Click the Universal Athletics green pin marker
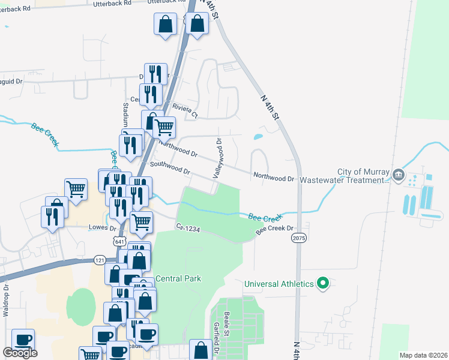point(323,283)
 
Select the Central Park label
point(178,278)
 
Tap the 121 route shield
point(100,260)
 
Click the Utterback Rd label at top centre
point(112,3)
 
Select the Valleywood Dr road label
point(217,158)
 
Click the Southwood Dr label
point(170,167)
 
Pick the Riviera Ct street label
point(185,110)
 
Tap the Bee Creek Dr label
point(274,229)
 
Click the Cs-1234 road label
point(187,227)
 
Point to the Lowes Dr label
point(102,227)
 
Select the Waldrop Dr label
point(5,300)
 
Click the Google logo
point(20,353)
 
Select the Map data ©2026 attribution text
point(423,355)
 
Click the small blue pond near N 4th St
point(258,137)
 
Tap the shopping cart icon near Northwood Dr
point(164,127)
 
